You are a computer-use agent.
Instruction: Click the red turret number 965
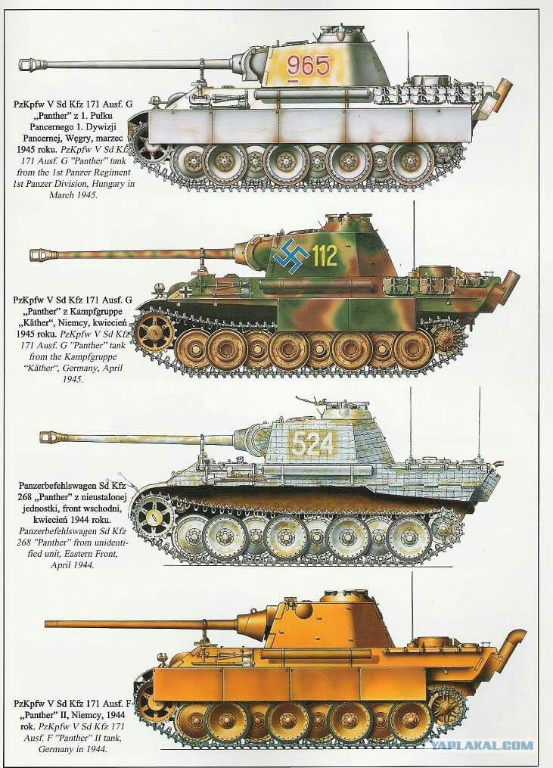[309, 65]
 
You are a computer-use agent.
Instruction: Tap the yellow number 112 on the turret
[325, 255]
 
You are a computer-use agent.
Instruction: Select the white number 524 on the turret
[312, 444]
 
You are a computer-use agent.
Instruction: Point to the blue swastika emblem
[291, 256]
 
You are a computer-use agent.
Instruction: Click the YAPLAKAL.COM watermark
[481, 745]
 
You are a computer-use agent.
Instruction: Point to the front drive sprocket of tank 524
[154, 517]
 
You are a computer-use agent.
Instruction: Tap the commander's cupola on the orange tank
[344, 596]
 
